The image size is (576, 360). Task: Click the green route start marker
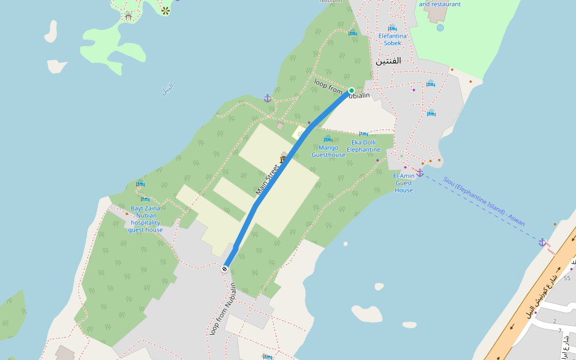[352, 91]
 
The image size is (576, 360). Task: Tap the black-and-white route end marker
[225, 269]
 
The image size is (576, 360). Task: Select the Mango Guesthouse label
[328, 151]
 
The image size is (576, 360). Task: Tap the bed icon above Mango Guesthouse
[328, 139]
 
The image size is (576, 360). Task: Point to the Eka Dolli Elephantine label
[364, 146]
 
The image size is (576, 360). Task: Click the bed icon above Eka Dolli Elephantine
[364, 134]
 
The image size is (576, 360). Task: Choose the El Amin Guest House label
[404, 183]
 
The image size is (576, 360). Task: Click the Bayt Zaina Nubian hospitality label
[145, 219]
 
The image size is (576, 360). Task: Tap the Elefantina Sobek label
[392, 39]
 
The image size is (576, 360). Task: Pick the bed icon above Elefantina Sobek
[392, 28]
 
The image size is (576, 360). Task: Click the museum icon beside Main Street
[283, 160]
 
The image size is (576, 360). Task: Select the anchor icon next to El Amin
[420, 173]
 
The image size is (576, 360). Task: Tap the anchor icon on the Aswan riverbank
[542, 242]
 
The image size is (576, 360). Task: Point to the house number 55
[567, 278]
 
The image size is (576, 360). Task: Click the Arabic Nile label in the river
[167, 89]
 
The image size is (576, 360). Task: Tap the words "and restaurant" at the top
[440, 4]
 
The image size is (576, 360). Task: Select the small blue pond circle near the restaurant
[440, 28]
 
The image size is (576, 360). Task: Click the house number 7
[560, 331]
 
